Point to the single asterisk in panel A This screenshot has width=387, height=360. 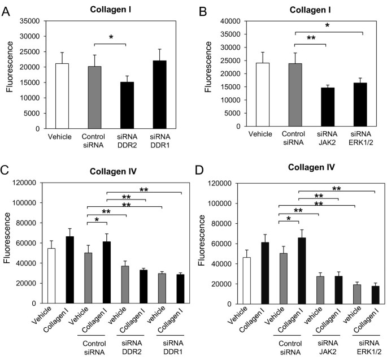(111, 37)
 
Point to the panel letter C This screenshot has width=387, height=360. (7, 170)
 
